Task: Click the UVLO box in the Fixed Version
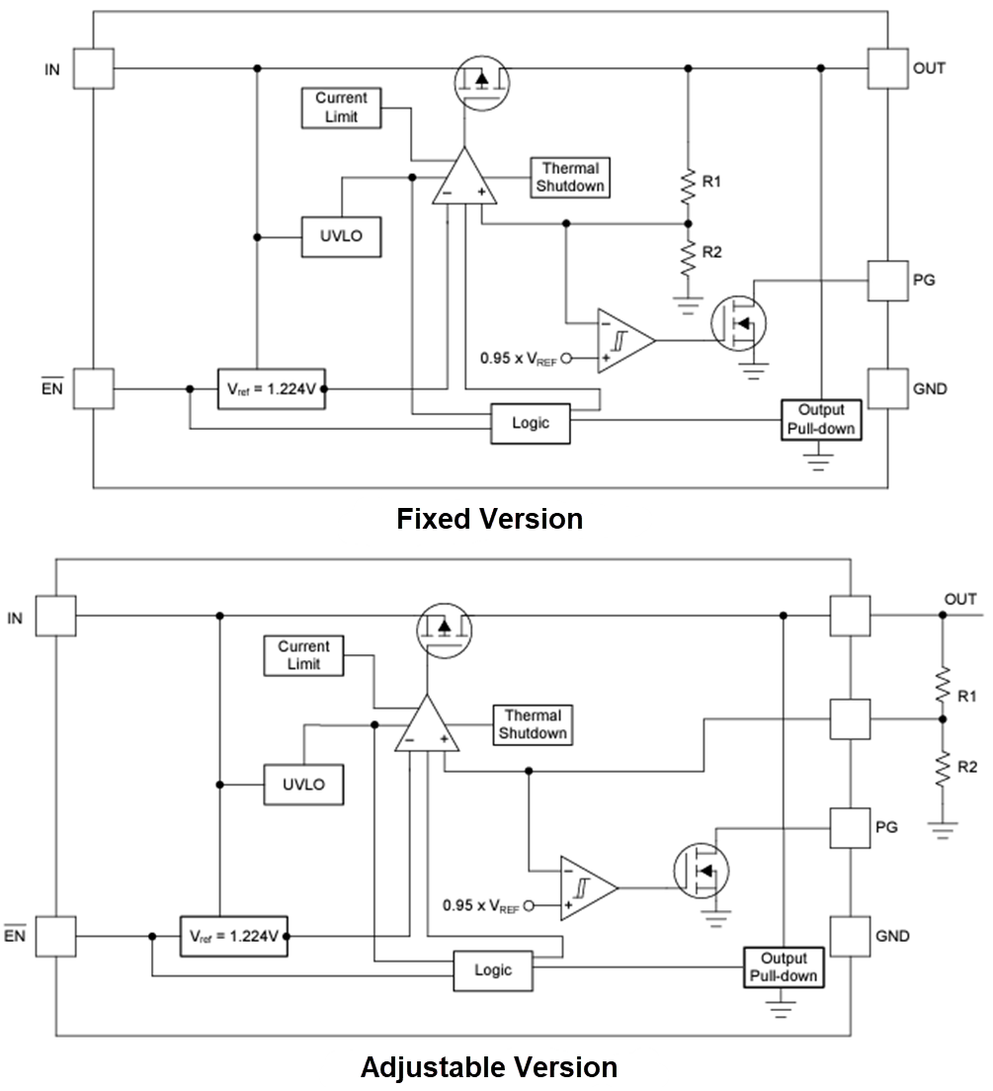click(341, 237)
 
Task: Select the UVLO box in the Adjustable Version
click(303, 786)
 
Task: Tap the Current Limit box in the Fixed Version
click(341, 107)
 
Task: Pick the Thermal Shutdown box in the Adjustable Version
click(533, 724)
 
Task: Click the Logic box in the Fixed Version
click(531, 423)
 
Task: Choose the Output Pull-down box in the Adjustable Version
click(784, 966)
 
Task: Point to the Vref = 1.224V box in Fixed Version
click(272, 388)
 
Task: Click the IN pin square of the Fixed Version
click(94, 69)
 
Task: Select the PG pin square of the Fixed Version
click(887, 281)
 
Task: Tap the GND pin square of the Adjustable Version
click(850, 935)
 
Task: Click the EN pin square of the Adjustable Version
click(56, 936)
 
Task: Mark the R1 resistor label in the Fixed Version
click(712, 181)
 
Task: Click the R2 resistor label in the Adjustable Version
click(968, 767)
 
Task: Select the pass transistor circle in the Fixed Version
click(481, 79)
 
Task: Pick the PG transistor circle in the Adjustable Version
click(701, 871)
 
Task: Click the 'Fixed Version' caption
click(489, 519)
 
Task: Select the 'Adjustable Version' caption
click(489, 1067)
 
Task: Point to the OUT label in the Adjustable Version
click(960, 599)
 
